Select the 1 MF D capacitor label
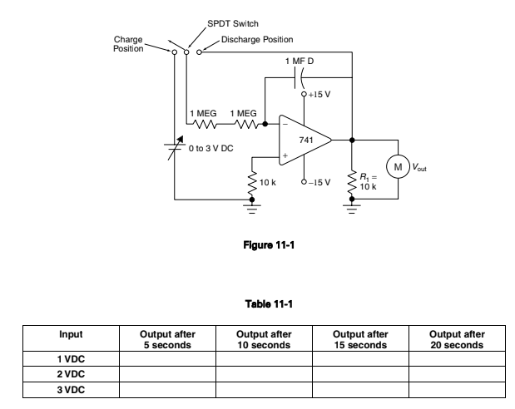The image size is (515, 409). click(x=299, y=63)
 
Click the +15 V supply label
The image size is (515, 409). click(x=319, y=95)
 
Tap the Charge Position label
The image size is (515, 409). click(x=129, y=43)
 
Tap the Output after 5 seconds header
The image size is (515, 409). click(x=166, y=338)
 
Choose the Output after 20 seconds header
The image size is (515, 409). click(x=457, y=338)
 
